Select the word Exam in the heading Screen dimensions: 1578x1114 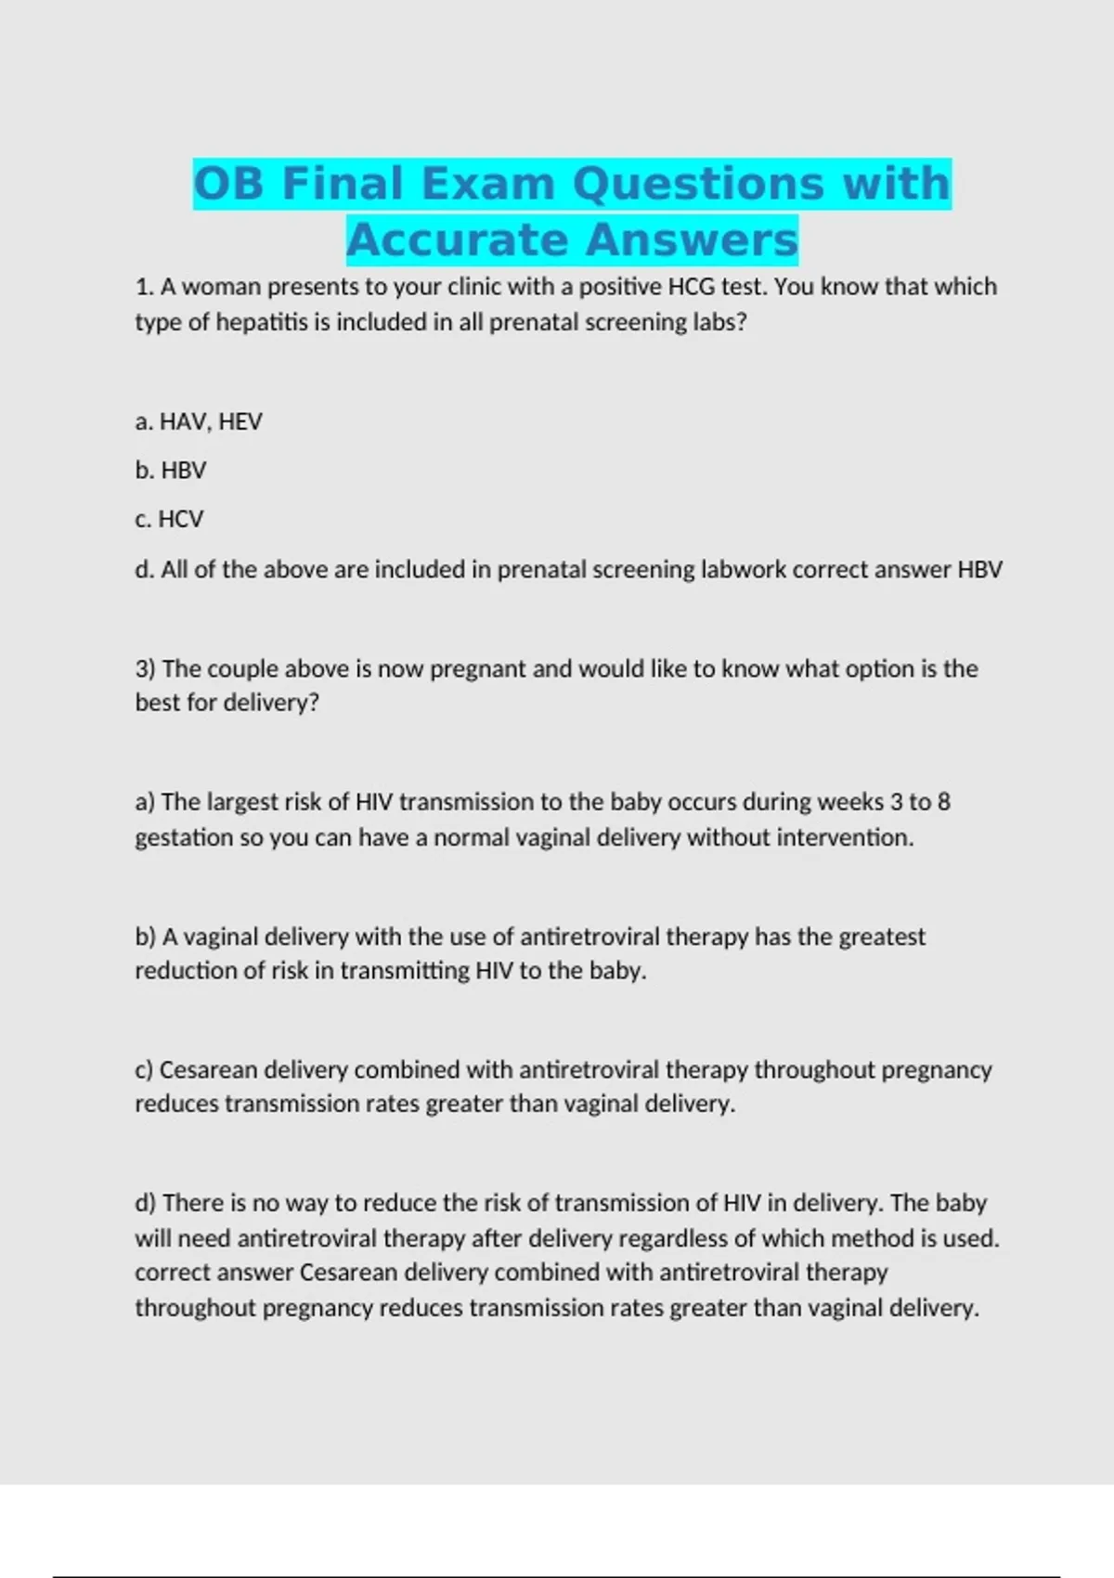[x=487, y=184]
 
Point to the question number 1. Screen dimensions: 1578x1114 [x=144, y=287]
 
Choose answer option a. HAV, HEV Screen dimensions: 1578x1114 [x=199, y=422]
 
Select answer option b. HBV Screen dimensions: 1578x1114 [x=171, y=471]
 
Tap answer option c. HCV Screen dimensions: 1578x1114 [x=169, y=519]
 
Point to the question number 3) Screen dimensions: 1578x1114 [x=146, y=669]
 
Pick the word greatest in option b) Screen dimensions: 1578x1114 [x=882, y=937]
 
